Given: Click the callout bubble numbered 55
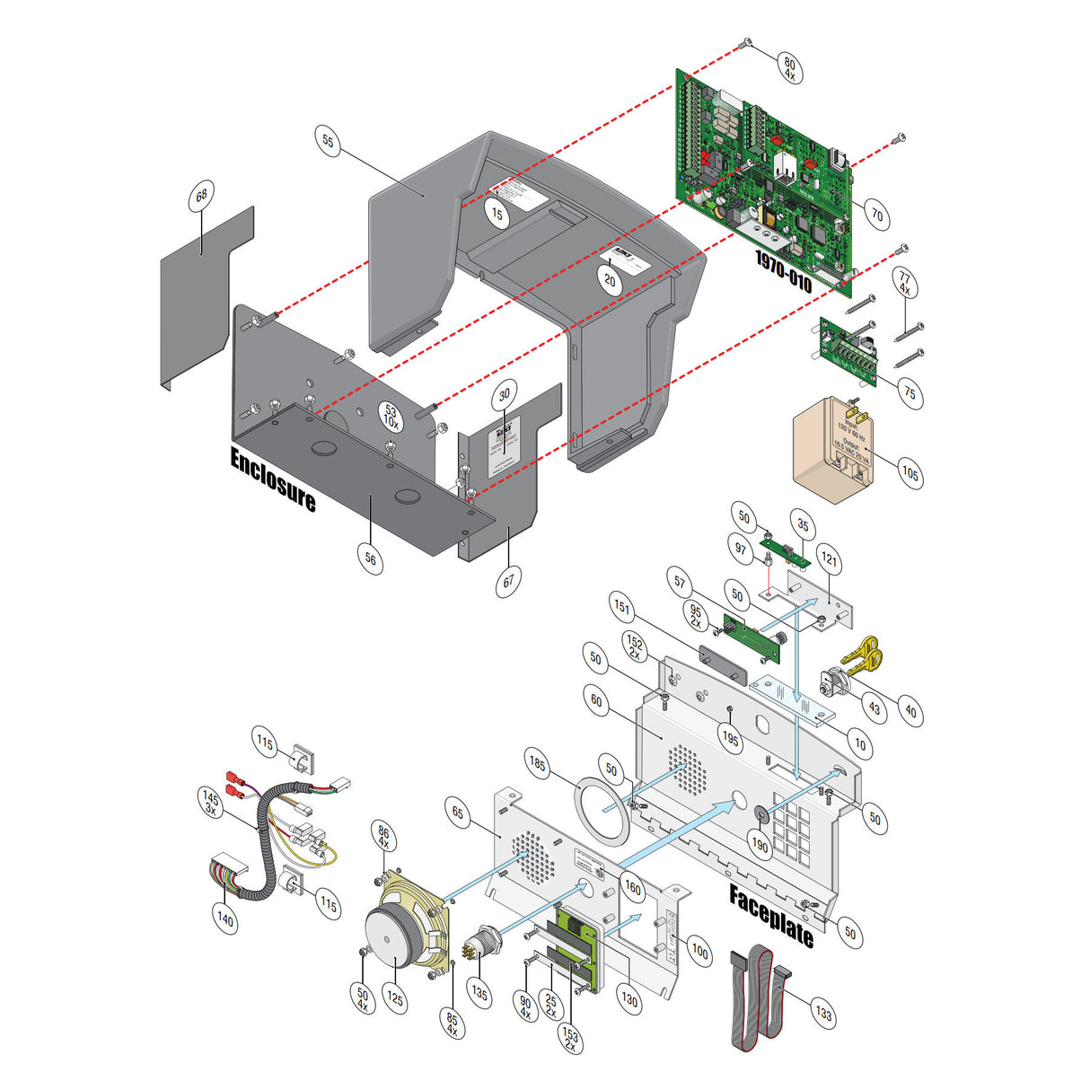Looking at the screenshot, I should click(329, 142).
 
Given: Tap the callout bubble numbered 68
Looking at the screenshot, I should click(201, 196).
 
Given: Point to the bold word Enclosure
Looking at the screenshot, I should click(273, 479).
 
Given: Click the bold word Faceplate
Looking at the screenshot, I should click(771, 916).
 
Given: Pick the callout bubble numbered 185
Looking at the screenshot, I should click(537, 765).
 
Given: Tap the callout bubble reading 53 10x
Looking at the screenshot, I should click(391, 415).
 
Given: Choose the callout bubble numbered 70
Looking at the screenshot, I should click(876, 215).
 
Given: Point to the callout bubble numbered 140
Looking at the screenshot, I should click(224, 919).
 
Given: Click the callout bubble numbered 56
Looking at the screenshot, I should click(371, 558).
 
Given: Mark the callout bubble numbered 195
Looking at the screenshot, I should click(731, 739).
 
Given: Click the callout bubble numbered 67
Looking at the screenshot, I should click(508, 581).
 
